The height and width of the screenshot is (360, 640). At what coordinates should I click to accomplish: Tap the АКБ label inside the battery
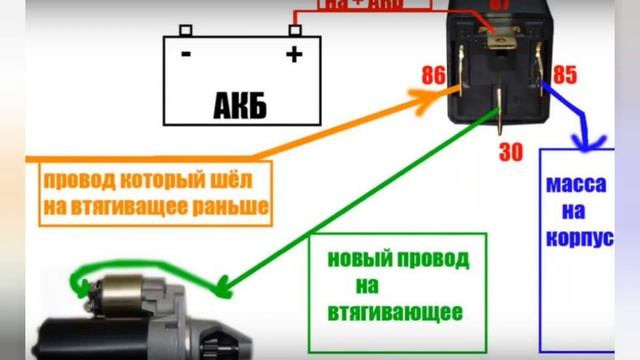[x=240, y=103]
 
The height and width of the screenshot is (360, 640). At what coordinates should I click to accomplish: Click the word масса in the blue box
[x=576, y=186]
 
